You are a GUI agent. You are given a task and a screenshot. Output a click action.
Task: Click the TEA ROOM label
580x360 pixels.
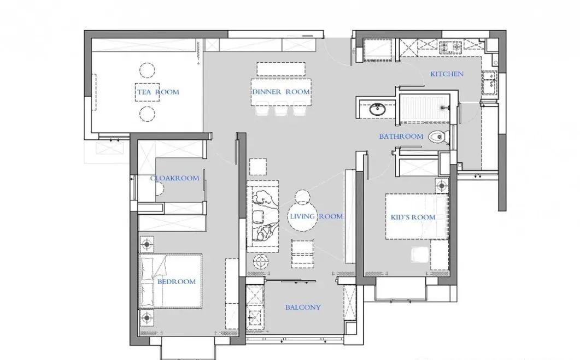159,92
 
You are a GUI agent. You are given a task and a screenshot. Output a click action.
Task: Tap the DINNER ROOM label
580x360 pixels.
281,92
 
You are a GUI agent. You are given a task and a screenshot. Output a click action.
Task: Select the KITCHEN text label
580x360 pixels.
447,74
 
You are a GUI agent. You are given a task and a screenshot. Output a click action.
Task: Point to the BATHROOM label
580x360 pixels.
401,137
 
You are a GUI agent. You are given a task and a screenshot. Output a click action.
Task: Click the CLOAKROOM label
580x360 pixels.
174,178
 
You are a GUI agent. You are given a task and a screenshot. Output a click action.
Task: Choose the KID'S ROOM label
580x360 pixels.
413,217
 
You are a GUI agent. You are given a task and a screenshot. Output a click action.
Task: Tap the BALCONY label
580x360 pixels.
303,307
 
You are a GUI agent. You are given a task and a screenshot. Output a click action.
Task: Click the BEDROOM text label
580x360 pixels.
177,282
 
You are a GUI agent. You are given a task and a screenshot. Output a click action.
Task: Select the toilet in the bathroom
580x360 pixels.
439,137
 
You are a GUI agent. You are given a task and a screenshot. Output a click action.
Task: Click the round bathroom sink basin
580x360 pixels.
377,109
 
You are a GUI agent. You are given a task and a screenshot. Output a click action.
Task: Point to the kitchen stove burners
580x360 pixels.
450,46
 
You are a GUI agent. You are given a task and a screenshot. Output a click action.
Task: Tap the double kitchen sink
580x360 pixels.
490,82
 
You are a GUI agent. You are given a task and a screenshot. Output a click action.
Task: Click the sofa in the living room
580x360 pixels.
262,216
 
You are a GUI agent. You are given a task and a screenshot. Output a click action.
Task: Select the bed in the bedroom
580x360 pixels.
171,281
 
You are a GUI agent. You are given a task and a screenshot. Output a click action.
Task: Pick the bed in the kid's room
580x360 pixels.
417,216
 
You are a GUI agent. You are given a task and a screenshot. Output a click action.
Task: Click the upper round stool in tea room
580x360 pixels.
147,70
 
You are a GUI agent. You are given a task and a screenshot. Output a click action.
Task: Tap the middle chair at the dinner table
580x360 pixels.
280,111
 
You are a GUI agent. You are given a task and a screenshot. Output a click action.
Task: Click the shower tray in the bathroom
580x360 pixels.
425,108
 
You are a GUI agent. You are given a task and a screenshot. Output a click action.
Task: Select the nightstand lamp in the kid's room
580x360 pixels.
442,186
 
